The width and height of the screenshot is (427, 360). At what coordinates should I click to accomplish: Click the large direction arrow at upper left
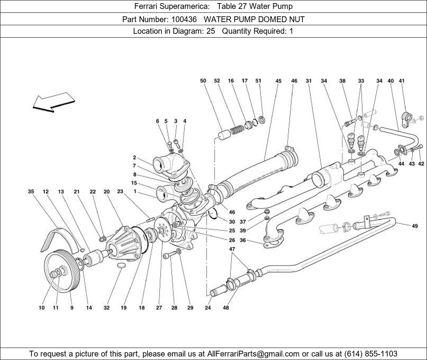coord(53,102)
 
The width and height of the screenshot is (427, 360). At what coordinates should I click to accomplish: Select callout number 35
coord(31,192)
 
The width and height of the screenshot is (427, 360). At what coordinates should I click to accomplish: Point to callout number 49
coord(415,226)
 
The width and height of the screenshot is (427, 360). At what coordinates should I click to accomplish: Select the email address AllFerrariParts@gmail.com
coord(253,354)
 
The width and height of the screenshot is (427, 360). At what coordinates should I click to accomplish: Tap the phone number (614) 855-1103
coord(370,354)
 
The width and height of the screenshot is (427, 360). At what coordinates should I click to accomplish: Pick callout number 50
coord(203,81)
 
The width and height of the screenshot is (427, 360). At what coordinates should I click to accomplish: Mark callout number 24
coord(208,308)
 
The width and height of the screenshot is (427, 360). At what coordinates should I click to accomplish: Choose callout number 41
coord(401,81)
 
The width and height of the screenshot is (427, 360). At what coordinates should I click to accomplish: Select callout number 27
coord(159,308)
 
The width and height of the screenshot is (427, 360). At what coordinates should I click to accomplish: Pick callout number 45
coord(278,81)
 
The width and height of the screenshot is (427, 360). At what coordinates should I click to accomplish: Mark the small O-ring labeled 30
coord(212,214)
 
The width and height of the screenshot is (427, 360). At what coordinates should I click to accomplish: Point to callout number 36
coord(243,241)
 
